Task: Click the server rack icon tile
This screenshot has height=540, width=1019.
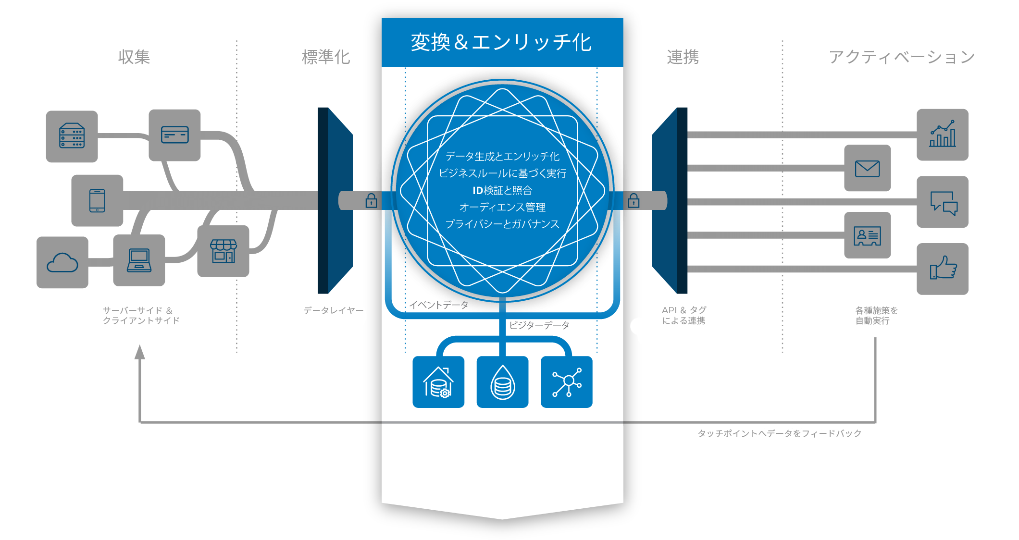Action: (72, 136)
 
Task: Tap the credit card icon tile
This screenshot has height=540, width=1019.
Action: (174, 135)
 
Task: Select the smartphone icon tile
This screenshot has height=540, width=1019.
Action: (97, 200)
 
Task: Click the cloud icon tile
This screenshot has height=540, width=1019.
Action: (62, 263)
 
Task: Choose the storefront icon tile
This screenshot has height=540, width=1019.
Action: (224, 251)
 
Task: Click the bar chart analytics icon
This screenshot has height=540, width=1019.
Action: (942, 135)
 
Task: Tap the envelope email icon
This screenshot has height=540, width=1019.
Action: (867, 169)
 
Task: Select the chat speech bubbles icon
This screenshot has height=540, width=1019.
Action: (942, 202)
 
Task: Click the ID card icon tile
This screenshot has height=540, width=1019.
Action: (867, 235)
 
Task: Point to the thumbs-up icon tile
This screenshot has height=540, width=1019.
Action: (942, 269)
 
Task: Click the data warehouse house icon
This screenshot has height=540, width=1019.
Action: (438, 382)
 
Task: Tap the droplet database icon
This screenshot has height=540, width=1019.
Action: (502, 382)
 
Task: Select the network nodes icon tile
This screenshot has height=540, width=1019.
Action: (567, 382)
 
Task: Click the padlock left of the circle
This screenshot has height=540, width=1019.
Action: (371, 200)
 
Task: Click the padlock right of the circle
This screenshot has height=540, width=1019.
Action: (634, 200)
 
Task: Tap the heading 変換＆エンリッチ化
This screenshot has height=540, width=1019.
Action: (501, 42)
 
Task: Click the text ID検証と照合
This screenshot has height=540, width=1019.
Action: (502, 190)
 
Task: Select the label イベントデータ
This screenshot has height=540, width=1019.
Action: (438, 305)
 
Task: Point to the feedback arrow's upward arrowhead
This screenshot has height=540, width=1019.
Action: (140, 352)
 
